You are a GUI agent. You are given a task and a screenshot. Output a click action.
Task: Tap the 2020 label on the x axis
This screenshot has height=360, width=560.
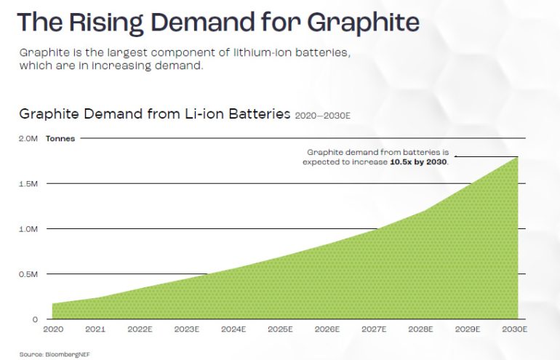click(52, 329)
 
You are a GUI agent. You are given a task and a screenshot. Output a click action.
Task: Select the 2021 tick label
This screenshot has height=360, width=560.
click(96, 329)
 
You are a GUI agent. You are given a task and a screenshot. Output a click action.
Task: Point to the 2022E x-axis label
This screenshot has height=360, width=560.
click(140, 329)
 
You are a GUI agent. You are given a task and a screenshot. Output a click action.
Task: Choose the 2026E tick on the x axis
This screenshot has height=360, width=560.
click(327, 329)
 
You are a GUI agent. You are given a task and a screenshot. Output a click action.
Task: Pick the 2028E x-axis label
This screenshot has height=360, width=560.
click(420, 329)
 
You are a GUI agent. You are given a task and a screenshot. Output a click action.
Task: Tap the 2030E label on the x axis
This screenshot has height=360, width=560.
click(513, 329)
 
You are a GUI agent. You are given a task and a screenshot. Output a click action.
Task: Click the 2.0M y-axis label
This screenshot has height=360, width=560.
click(28, 138)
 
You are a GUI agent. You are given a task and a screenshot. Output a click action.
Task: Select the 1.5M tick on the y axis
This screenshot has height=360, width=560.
click(28, 184)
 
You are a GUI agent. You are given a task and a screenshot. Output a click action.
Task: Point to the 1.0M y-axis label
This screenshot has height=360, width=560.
click(28, 229)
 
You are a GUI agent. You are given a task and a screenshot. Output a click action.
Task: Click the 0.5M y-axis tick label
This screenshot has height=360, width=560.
click(28, 274)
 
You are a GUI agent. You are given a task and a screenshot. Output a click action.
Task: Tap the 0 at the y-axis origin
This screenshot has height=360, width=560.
click(34, 319)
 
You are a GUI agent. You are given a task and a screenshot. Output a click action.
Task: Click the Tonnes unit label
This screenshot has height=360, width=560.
click(60, 138)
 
